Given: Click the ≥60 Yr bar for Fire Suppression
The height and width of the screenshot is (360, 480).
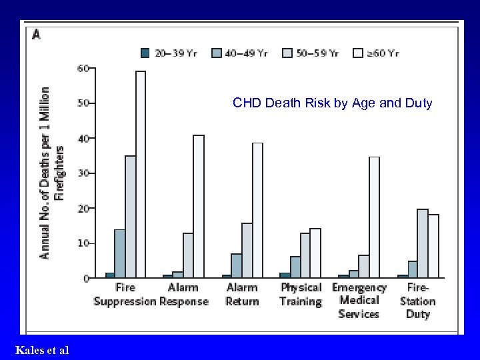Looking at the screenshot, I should pyautogui.click(x=141, y=174).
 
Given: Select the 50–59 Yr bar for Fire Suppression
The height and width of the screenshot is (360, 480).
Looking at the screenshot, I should pyautogui.click(x=130, y=217).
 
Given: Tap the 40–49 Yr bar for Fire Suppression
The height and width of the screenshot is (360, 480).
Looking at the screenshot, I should pyautogui.click(x=119, y=253).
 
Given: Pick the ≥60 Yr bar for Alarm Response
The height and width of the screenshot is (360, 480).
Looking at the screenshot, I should pyautogui.click(x=199, y=206).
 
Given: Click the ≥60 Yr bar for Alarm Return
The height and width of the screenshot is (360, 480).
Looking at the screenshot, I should pyautogui.click(x=257, y=210).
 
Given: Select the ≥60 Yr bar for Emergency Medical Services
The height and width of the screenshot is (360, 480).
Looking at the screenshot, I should pyautogui.click(x=374, y=217).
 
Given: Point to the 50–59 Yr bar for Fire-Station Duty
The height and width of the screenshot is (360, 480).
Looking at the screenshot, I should pyautogui.click(x=422, y=243).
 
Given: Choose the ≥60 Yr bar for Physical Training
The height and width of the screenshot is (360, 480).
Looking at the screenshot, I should pyautogui.click(x=315, y=253).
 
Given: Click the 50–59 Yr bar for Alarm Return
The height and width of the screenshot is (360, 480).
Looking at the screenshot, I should pyautogui.click(x=247, y=250).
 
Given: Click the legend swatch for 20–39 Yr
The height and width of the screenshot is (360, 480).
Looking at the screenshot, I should pyautogui.click(x=145, y=53).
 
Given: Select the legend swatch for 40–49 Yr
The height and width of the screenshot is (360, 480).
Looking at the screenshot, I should pyautogui.click(x=217, y=53).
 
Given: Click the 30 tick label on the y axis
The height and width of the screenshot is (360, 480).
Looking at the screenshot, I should pyautogui.click(x=83, y=173).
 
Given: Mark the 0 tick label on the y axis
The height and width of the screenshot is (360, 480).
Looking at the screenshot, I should pyautogui.click(x=86, y=278).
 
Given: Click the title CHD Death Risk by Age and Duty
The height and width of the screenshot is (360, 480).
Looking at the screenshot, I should pyautogui.click(x=332, y=103).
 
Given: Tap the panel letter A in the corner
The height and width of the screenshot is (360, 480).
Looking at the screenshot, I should pyautogui.click(x=36, y=35).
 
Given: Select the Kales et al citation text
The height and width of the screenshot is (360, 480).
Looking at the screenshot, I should pyautogui.click(x=41, y=350).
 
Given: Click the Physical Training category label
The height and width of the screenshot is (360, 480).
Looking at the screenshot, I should pyautogui.click(x=301, y=295).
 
